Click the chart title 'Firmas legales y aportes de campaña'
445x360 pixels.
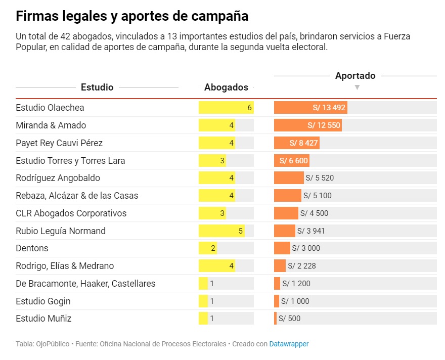(132, 16)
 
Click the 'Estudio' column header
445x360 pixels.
(97, 87)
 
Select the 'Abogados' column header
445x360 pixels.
(226, 87)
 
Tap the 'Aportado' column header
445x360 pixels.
(355, 76)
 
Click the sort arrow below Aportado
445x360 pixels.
(357, 87)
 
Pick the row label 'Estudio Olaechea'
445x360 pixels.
(50, 108)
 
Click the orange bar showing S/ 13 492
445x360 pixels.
(310, 108)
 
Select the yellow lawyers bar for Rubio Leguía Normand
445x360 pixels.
(221, 231)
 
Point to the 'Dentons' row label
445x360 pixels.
(32, 248)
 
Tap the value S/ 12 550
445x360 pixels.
(324, 125)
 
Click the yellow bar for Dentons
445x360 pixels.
(207, 248)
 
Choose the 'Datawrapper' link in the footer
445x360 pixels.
(289, 344)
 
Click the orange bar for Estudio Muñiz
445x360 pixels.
(275, 319)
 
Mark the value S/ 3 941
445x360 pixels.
(312, 231)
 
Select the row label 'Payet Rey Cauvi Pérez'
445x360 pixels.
(59, 143)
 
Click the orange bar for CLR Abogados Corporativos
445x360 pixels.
(286, 213)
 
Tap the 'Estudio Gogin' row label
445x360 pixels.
(43, 301)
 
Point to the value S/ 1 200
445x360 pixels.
(296, 284)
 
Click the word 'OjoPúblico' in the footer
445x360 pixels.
(53, 344)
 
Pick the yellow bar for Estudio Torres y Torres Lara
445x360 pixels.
(212, 161)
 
